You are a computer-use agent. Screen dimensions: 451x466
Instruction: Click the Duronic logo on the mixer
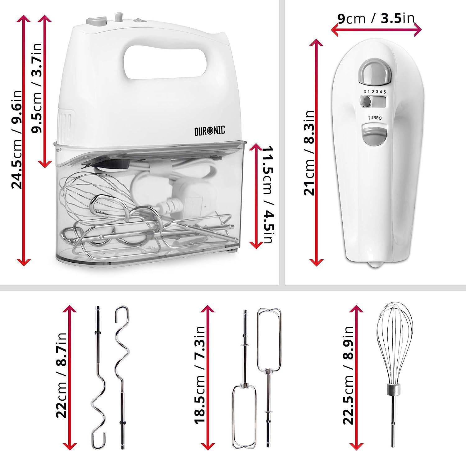coord(210,130)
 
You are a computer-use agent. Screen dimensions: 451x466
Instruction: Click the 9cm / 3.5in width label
coord(376,18)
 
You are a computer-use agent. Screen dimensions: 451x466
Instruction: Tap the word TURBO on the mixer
coord(374,118)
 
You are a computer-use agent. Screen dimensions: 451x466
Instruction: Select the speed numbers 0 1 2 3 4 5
coord(375,92)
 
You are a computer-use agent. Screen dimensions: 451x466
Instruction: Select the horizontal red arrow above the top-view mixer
coord(376,30)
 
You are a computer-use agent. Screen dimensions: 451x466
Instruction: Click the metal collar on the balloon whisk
coord(393,388)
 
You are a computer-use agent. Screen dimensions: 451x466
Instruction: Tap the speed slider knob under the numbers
coord(366,102)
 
